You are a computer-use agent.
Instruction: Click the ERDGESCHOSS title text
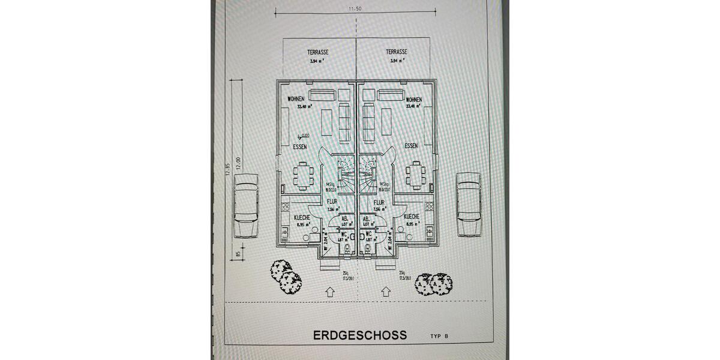(x=359, y=335)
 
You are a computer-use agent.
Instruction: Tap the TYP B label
(x=439, y=336)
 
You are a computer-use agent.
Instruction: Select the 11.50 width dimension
(x=355, y=9)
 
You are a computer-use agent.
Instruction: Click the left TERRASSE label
(x=318, y=52)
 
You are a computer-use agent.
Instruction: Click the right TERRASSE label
(x=397, y=52)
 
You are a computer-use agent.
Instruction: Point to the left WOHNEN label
(x=296, y=99)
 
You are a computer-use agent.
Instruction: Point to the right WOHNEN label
(x=414, y=100)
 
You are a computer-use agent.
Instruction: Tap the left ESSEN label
(x=300, y=146)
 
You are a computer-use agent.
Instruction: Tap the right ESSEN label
(x=411, y=146)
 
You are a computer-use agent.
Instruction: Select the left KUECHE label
(x=301, y=217)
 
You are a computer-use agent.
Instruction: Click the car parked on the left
(x=246, y=205)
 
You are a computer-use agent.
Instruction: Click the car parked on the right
(x=469, y=204)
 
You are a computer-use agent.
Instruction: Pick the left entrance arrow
(x=329, y=292)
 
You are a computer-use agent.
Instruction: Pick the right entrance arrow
(x=385, y=292)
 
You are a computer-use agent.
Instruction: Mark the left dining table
(x=304, y=175)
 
